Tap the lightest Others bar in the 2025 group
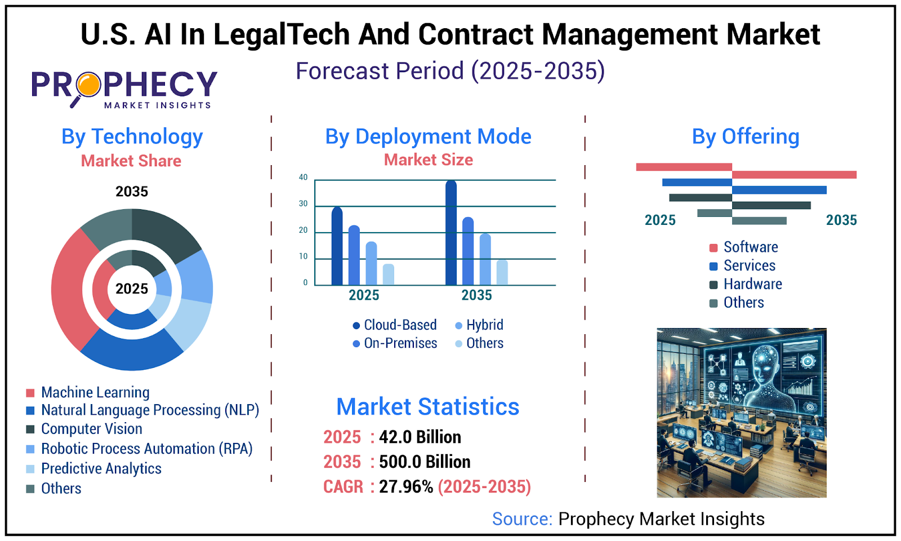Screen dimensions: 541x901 pyautogui.click(x=388, y=274)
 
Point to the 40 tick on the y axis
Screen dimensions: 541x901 pyautogui.click(x=303, y=178)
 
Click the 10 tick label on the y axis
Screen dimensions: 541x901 pyautogui.click(x=303, y=256)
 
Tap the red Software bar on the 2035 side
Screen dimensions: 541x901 pyautogui.click(x=794, y=175)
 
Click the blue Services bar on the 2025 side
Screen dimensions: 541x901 pyautogui.click(x=697, y=182)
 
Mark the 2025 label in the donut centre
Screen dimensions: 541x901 pyautogui.click(x=132, y=289)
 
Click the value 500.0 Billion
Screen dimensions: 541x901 pyautogui.click(x=425, y=462)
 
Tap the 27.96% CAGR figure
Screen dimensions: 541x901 pyautogui.click(x=405, y=486)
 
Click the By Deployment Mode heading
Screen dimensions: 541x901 pyautogui.click(x=428, y=136)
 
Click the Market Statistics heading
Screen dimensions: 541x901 pyautogui.click(x=427, y=406)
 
